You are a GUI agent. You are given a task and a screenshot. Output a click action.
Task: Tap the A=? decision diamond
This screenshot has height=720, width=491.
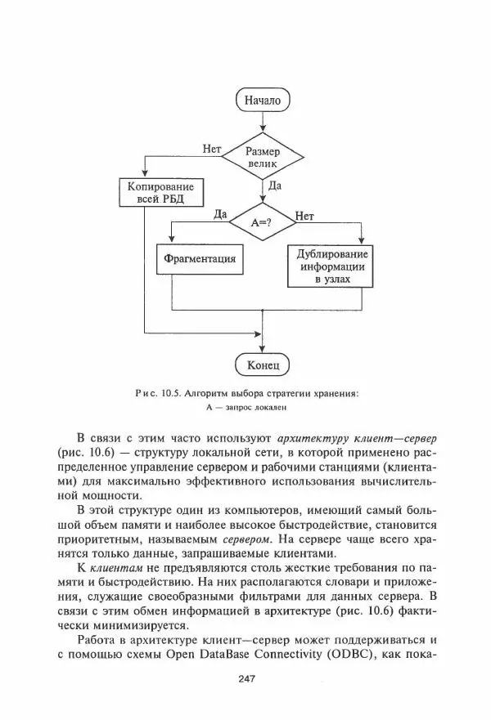click(x=262, y=221)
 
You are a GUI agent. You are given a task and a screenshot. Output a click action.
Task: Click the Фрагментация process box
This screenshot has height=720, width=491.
click(x=200, y=259)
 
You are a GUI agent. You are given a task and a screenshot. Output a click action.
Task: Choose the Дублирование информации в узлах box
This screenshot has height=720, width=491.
click(x=332, y=265)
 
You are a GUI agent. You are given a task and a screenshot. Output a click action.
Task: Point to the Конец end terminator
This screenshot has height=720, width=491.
click(x=263, y=363)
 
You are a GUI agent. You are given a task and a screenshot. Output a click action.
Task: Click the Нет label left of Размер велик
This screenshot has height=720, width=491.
click(x=211, y=148)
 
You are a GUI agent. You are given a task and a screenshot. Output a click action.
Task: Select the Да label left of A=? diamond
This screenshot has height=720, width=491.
click(x=219, y=214)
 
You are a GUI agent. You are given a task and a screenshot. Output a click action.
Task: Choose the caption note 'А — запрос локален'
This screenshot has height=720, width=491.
click(x=247, y=408)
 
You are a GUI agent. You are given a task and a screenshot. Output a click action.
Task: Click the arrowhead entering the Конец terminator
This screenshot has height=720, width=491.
click(x=263, y=347)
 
